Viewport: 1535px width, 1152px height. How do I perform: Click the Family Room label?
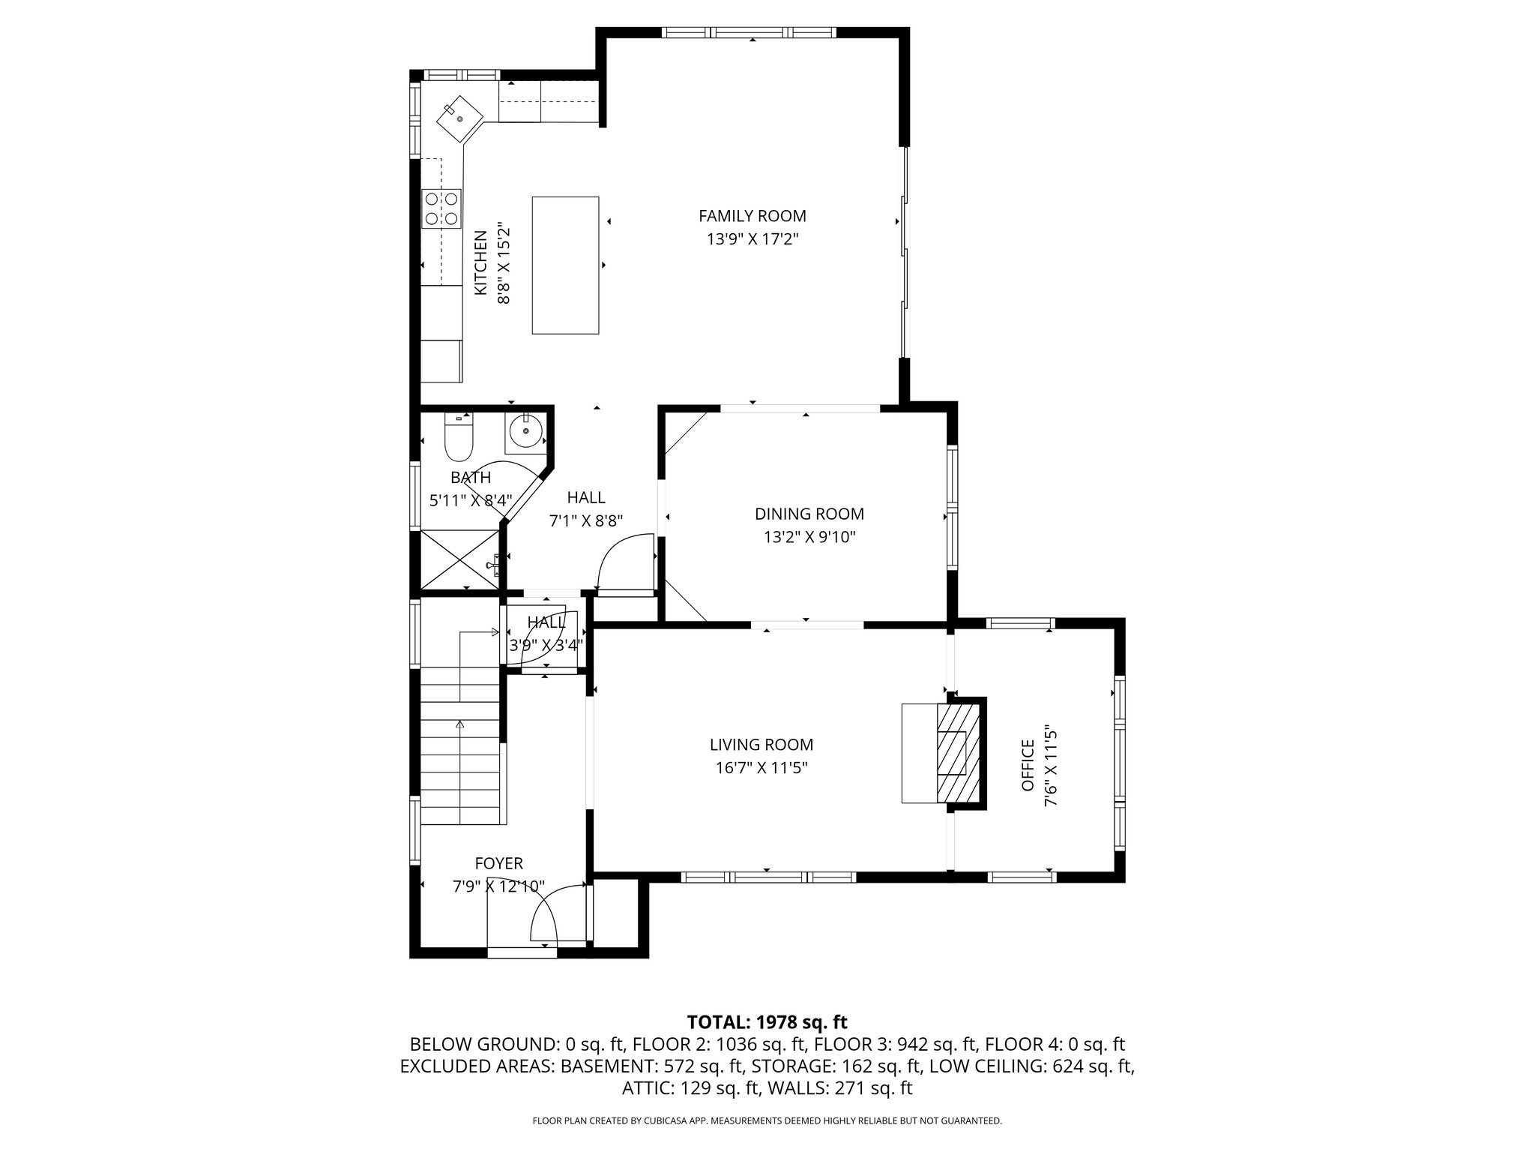coord(753,216)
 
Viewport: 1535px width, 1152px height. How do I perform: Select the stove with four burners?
coord(441,208)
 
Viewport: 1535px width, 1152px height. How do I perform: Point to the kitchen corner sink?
coord(459,118)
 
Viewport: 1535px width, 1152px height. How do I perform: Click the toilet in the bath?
coord(459,438)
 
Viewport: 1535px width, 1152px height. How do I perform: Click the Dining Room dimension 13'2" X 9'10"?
coord(809,537)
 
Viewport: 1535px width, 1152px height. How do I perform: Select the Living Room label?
coord(762,745)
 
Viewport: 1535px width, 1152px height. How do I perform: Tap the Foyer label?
coord(498,864)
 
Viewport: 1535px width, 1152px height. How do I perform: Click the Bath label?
coord(471,477)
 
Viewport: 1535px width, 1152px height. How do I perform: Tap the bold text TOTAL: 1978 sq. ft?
coord(767,1021)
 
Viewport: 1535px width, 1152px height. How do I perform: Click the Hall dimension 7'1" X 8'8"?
coord(586,520)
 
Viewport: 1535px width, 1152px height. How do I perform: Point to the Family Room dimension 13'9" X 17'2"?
coord(753,239)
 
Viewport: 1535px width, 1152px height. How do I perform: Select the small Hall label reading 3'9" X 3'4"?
coord(546,644)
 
